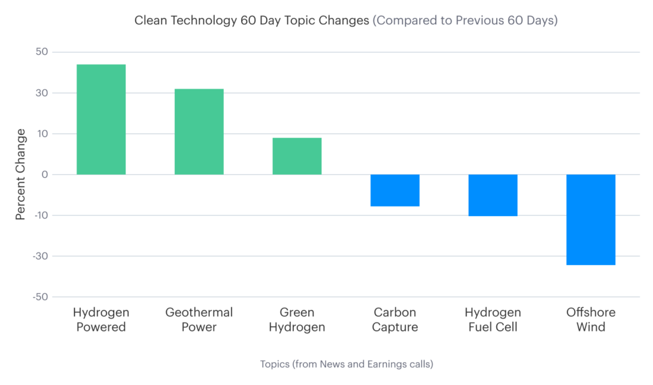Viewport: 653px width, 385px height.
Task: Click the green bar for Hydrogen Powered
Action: (x=101, y=119)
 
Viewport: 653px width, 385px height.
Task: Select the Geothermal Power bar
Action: (x=199, y=131)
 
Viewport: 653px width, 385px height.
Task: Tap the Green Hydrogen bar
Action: (x=297, y=156)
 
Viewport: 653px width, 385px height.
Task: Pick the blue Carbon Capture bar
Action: (x=395, y=191)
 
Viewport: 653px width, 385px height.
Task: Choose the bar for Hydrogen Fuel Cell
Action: (x=493, y=195)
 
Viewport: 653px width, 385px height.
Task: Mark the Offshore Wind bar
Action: (x=591, y=219)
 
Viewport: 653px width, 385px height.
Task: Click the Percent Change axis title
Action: (x=21, y=174)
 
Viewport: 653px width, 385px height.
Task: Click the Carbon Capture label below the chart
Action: (x=395, y=320)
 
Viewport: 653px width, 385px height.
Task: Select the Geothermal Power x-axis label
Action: (x=199, y=320)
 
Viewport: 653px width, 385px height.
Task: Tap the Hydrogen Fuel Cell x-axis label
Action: (x=493, y=320)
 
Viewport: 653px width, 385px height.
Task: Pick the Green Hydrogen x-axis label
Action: (x=297, y=320)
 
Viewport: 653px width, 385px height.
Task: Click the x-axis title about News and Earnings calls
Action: (x=347, y=364)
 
